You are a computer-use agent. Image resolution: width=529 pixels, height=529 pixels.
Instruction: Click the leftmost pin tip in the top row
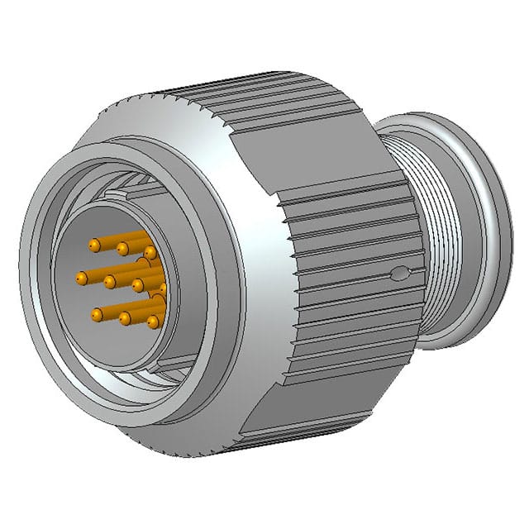click(94, 245)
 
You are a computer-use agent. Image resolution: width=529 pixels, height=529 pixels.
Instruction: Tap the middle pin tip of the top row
click(122, 248)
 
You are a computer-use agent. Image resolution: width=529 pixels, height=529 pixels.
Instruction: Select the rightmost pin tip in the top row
click(150, 251)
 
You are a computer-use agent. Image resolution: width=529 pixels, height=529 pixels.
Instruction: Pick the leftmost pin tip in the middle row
click(82, 278)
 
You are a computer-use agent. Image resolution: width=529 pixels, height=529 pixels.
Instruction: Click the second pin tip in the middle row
click(110, 282)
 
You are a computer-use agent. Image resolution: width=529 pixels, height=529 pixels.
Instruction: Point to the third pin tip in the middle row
click(138, 286)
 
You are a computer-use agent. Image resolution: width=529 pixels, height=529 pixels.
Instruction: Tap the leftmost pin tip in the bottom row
click(98, 314)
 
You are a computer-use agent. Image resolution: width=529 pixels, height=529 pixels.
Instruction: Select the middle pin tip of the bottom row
click(126, 317)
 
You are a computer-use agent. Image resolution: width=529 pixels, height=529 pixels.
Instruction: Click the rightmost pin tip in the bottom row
click(153, 321)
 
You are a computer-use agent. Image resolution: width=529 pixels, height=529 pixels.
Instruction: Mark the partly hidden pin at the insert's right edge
click(163, 289)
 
